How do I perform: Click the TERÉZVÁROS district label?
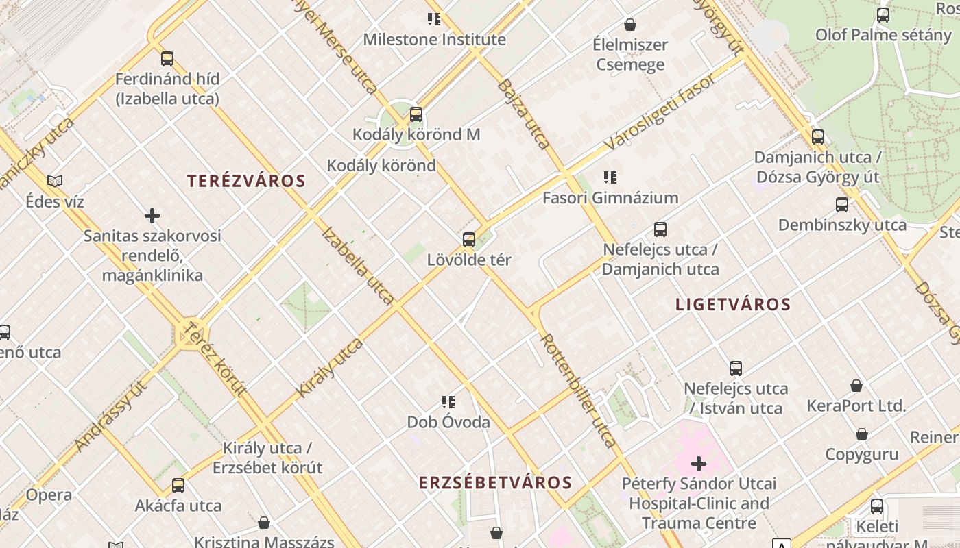tap(246, 181)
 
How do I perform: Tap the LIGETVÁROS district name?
tap(733, 304)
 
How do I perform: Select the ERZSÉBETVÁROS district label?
tap(495, 482)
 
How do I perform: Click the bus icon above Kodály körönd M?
tap(416, 114)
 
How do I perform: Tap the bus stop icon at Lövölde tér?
tap(469, 240)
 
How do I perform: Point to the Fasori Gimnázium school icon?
tap(610, 178)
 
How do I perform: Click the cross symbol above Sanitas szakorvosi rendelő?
tap(152, 216)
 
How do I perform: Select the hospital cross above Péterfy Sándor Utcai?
tap(699, 464)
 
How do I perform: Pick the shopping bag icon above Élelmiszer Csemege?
tap(630, 25)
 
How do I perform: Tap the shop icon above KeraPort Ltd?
tap(856, 386)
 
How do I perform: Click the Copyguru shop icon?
tap(862, 434)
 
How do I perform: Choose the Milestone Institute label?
tap(434, 39)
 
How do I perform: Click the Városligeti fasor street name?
tap(661, 111)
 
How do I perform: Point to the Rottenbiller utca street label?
tap(578, 390)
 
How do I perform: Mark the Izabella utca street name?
tap(358, 266)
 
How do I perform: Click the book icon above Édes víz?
tap(55, 182)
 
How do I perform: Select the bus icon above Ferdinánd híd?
tap(167, 59)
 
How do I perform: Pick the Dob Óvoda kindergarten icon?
tap(448, 402)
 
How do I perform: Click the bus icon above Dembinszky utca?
tap(842, 205)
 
